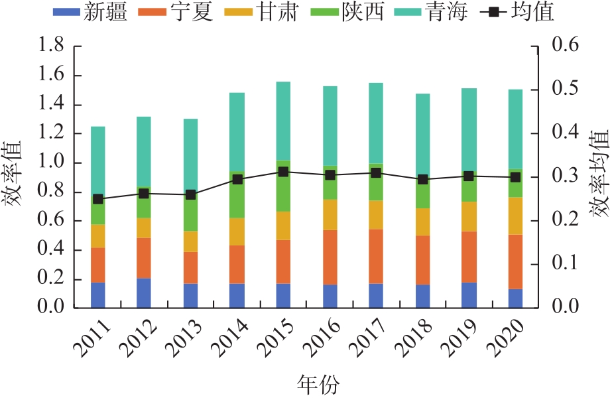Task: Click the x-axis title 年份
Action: pos(318,383)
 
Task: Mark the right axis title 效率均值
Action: pos(599,177)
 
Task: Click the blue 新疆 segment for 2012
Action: pos(144,293)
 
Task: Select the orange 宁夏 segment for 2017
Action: pos(376,256)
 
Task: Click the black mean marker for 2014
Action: pos(237,179)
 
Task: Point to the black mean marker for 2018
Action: pos(422,179)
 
